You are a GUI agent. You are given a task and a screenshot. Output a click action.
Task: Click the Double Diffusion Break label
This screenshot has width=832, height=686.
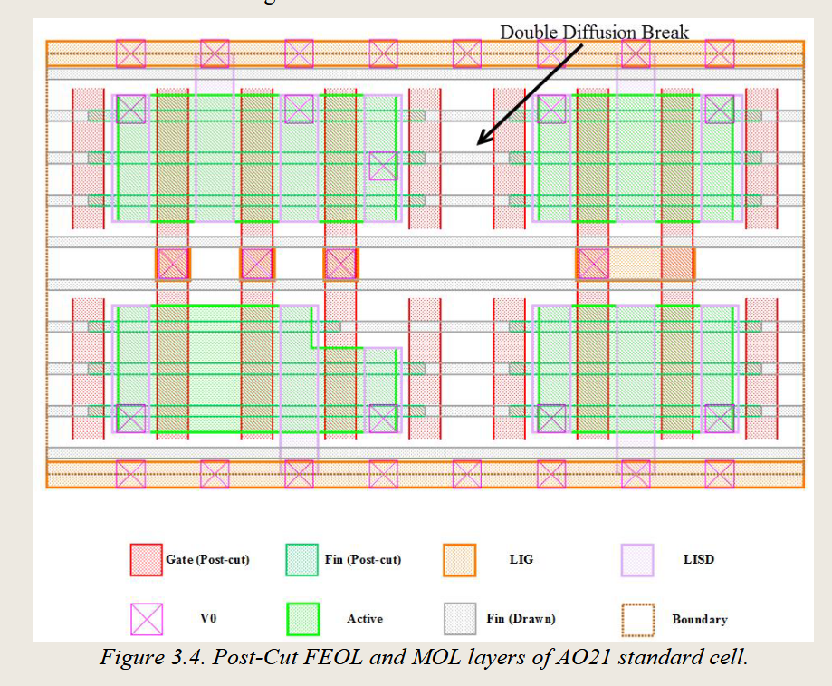(594, 33)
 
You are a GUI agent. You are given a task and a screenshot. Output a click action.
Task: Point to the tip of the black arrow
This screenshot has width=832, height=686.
(479, 144)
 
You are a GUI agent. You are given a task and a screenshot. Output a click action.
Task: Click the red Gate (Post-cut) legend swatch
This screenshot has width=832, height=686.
(146, 560)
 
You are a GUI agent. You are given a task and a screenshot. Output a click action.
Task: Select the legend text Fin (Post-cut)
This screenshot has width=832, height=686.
(362, 560)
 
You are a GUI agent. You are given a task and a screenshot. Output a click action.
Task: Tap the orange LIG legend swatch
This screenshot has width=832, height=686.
(460, 560)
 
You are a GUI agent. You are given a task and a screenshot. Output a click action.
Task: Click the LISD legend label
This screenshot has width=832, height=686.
(698, 560)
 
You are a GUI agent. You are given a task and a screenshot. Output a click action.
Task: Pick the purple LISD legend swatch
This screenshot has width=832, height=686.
(637, 560)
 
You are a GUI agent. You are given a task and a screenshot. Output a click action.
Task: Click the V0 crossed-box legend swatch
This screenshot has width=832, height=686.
(146, 619)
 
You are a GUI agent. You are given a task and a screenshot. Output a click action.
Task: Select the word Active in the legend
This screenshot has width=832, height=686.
(365, 619)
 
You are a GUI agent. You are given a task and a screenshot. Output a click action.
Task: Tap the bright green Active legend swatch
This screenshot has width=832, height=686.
(302, 619)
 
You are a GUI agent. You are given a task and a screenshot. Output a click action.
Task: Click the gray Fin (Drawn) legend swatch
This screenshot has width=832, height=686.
(460, 619)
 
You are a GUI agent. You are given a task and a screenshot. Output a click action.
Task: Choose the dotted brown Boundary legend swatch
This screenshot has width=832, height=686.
(637, 619)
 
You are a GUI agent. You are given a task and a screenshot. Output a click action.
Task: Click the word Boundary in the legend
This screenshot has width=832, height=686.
(699, 620)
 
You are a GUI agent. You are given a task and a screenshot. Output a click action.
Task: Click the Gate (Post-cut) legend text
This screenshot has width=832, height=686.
(207, 560)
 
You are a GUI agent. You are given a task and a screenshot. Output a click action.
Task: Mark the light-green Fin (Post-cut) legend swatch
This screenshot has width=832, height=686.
(302, 560)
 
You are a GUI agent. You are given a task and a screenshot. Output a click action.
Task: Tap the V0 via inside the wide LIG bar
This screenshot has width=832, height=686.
(593, 264)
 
